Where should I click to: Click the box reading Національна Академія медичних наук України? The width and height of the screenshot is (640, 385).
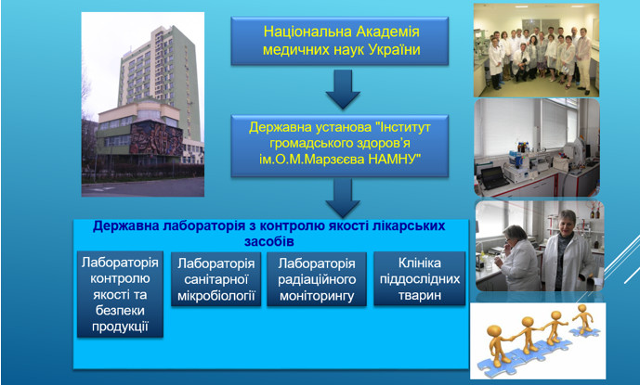coord(340,41)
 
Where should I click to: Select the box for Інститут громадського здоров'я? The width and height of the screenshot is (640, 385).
coord(340,146)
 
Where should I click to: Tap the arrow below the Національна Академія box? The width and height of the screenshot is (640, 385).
coord(343,89)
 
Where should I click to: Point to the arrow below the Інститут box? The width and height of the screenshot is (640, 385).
coord(343,198)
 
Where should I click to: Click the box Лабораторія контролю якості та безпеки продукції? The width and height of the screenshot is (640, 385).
coord(120,294)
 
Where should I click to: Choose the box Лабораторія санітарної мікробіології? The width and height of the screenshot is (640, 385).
coord(216,279)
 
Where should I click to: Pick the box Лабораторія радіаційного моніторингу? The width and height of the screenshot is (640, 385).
coord(317,279)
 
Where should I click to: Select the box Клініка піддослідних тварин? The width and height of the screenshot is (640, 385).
coord(420,278)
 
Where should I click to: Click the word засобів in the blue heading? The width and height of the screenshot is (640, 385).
coord(269,241)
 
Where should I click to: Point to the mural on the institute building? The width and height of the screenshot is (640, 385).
coord(156,138)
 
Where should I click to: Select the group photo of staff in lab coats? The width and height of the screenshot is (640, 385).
coord(536,51)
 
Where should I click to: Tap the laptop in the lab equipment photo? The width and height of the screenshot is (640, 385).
coord(494,177)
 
